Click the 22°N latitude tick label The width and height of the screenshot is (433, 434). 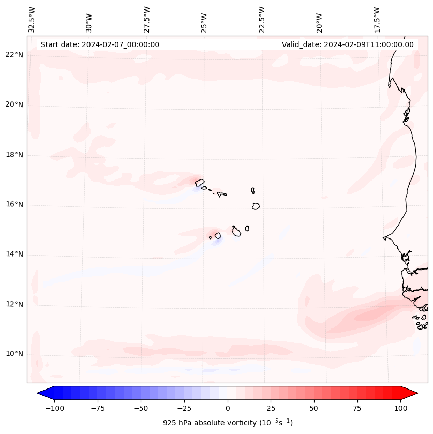tap(15, 55)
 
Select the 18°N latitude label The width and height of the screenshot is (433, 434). tap(15, 155)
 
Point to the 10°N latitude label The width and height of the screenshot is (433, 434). tap(15, 354)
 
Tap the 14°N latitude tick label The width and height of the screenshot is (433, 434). tap(15, 254)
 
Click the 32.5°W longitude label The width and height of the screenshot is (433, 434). tap(32, 19)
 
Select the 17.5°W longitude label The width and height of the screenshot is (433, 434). tap(377, 19)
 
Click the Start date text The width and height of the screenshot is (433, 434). tap(100, 44)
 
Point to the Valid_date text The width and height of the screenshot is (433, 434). tap(348, 44)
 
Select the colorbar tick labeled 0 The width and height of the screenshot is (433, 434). tap(227, 408)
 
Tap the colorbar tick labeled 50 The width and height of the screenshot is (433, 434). tap(313, 408)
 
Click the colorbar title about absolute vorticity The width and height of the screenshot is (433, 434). tap(228, 423)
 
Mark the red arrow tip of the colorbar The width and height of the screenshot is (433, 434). tap(416, 393)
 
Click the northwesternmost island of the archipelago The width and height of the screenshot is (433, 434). tap(199, 182)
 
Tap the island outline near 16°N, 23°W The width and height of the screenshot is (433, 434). tap(256, 206)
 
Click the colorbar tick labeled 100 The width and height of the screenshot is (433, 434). tap(400, 408)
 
